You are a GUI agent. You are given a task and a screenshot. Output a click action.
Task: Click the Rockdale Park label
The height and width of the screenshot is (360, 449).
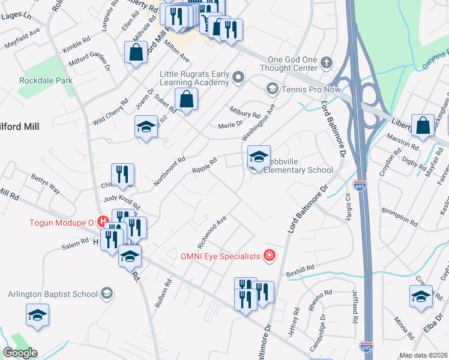tap(46, 80)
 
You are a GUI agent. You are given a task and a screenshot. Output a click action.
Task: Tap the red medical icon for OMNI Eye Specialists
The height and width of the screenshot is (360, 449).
tap(269, 256)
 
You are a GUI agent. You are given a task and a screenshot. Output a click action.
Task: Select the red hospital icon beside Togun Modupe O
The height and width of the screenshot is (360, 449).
tap(103, 222)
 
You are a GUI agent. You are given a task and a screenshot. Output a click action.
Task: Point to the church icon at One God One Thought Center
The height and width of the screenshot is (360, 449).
tap(326, 62)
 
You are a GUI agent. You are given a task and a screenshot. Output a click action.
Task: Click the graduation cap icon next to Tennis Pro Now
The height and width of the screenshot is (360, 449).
tap(271, 89)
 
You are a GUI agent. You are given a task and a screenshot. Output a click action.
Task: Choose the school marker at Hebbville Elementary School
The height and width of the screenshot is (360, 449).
tap(259, 158)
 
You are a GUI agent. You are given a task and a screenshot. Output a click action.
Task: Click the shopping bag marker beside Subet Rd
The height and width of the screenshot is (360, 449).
tap(187, 99)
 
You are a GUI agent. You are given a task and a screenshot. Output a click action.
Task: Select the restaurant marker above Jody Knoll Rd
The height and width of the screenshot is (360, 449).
tap(122, 175)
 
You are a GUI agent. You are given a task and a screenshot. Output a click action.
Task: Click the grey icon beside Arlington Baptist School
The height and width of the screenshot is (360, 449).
tap(106, 293)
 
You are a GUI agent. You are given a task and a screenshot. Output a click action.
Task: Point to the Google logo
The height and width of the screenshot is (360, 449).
tap(20, 353)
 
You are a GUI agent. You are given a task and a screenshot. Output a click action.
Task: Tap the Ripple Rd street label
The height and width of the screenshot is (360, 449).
tap(204, 167)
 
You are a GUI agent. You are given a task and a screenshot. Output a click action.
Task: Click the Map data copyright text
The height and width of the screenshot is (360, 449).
tap(423, 355)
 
